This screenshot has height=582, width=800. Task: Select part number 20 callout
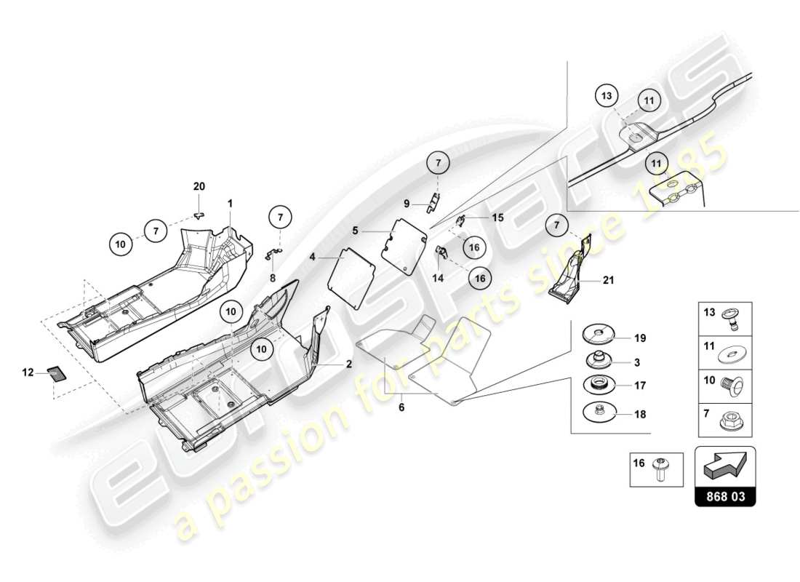[199, 187]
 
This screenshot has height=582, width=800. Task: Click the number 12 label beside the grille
[28, 372]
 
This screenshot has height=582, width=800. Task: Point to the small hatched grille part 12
[56, 373]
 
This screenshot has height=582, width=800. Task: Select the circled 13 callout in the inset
[608, 96]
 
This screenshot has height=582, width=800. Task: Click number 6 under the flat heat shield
[401, 407]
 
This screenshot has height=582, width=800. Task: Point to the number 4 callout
[313, 257]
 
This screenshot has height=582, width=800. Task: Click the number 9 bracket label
[408, 204]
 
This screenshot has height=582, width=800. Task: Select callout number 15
[497, 218]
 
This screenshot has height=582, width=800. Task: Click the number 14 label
[439, 278]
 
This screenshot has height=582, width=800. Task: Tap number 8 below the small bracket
[273, 277]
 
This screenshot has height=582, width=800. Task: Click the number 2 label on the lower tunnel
[348, 364]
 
